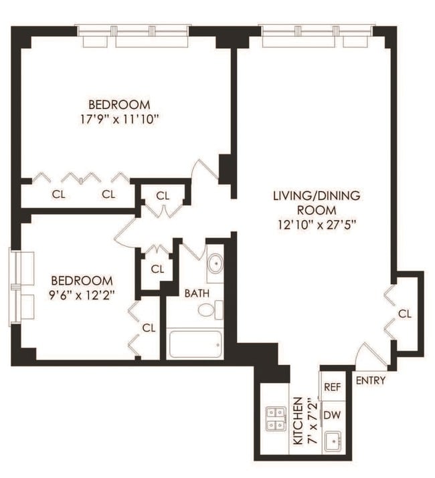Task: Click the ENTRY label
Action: coord(370,381)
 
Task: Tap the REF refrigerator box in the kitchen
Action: coord(333,387)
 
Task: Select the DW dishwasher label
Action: coord(333,415)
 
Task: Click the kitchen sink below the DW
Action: coord(333,441)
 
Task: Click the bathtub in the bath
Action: coord(195,344)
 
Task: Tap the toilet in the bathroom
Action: coord(215,310)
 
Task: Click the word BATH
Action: coord(197,293)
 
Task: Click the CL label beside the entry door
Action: coord(404,314)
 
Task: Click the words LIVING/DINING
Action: coord(316,196)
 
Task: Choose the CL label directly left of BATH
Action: coord(157,269)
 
